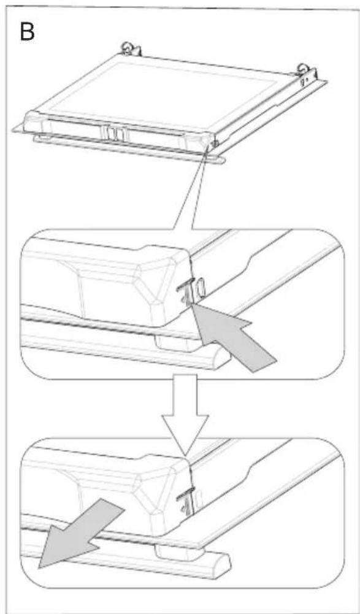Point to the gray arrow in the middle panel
[x=232, y=337]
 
